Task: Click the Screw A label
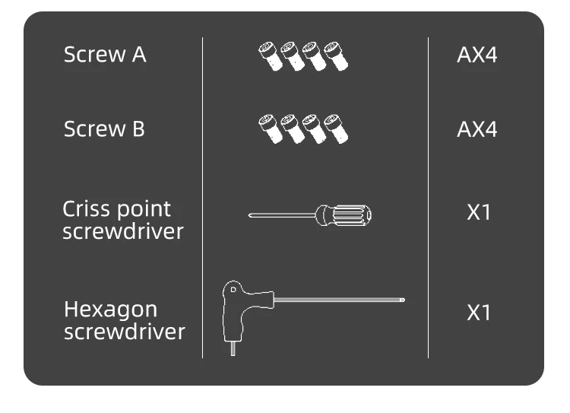(105, 55)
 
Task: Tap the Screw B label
(104, 129)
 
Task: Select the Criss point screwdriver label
(122, 220)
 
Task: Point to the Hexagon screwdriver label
(124, 320)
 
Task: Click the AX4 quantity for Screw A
(477, 56)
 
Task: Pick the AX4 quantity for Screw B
(477, 129)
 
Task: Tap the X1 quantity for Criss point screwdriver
(478, 212)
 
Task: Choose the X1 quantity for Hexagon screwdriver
(478, 313)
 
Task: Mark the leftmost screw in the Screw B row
(270, 129)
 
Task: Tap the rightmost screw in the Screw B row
(335, 129)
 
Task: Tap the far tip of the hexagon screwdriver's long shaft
(402, 300)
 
